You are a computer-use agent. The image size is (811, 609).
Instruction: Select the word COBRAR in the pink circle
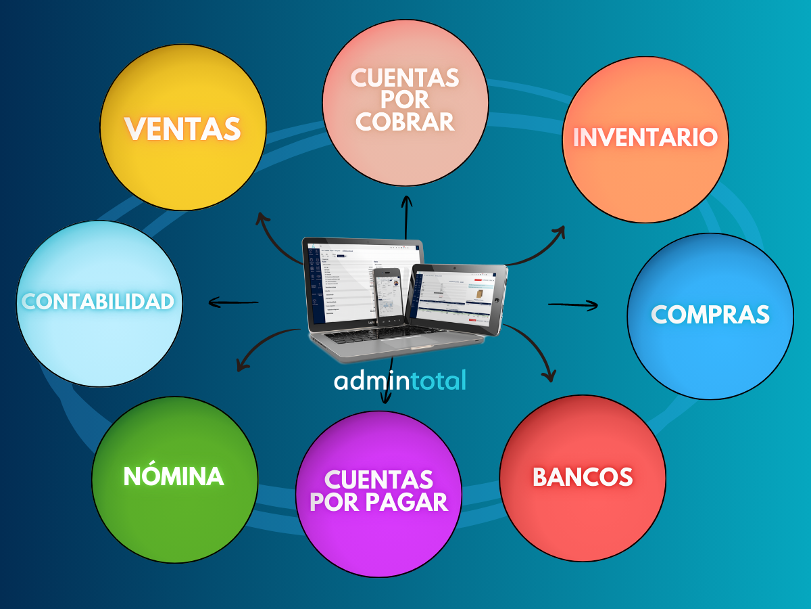405,122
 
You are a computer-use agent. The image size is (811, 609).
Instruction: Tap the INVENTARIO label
645,137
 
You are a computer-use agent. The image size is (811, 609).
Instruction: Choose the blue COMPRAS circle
710,315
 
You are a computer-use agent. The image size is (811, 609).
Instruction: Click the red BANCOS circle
583,477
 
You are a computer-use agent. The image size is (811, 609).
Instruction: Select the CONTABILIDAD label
99,302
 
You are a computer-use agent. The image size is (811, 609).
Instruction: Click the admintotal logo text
400,380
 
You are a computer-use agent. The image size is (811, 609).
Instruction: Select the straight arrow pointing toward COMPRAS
572,305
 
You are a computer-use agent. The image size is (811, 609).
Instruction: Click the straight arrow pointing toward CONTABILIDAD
234,302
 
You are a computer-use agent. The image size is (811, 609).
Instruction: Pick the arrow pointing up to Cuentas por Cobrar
406,217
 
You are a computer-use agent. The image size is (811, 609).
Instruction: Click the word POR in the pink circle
405,100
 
